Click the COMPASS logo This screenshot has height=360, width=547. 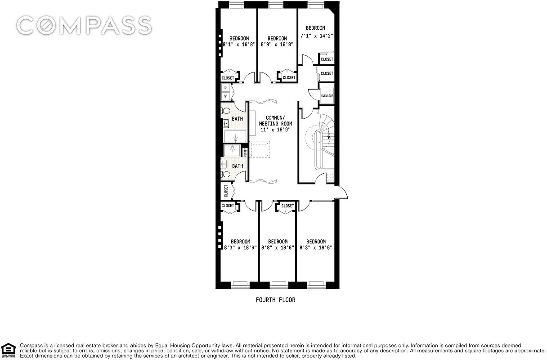tap(84, 25)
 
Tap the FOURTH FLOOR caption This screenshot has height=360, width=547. tap(275, 300)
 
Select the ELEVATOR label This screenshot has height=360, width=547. tap(327, 96)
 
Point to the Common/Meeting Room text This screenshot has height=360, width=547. tap(275, 121)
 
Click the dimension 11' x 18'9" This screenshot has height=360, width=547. tap(275, 130)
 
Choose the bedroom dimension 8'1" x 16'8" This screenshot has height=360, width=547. tap(239, 45)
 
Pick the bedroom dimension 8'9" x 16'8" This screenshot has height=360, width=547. tap(277, 45)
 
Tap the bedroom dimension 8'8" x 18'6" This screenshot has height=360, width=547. tap(278, 247)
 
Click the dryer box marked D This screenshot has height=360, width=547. tap(225, 87)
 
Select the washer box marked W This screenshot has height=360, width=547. tap(225, 96)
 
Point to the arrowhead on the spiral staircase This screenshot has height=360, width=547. tap(329, 138)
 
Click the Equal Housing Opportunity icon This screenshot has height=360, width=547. tap(9, 350)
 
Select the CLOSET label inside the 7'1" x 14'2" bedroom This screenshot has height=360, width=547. tap(327, 59)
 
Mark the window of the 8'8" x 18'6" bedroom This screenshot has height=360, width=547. tap(279, 284)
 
